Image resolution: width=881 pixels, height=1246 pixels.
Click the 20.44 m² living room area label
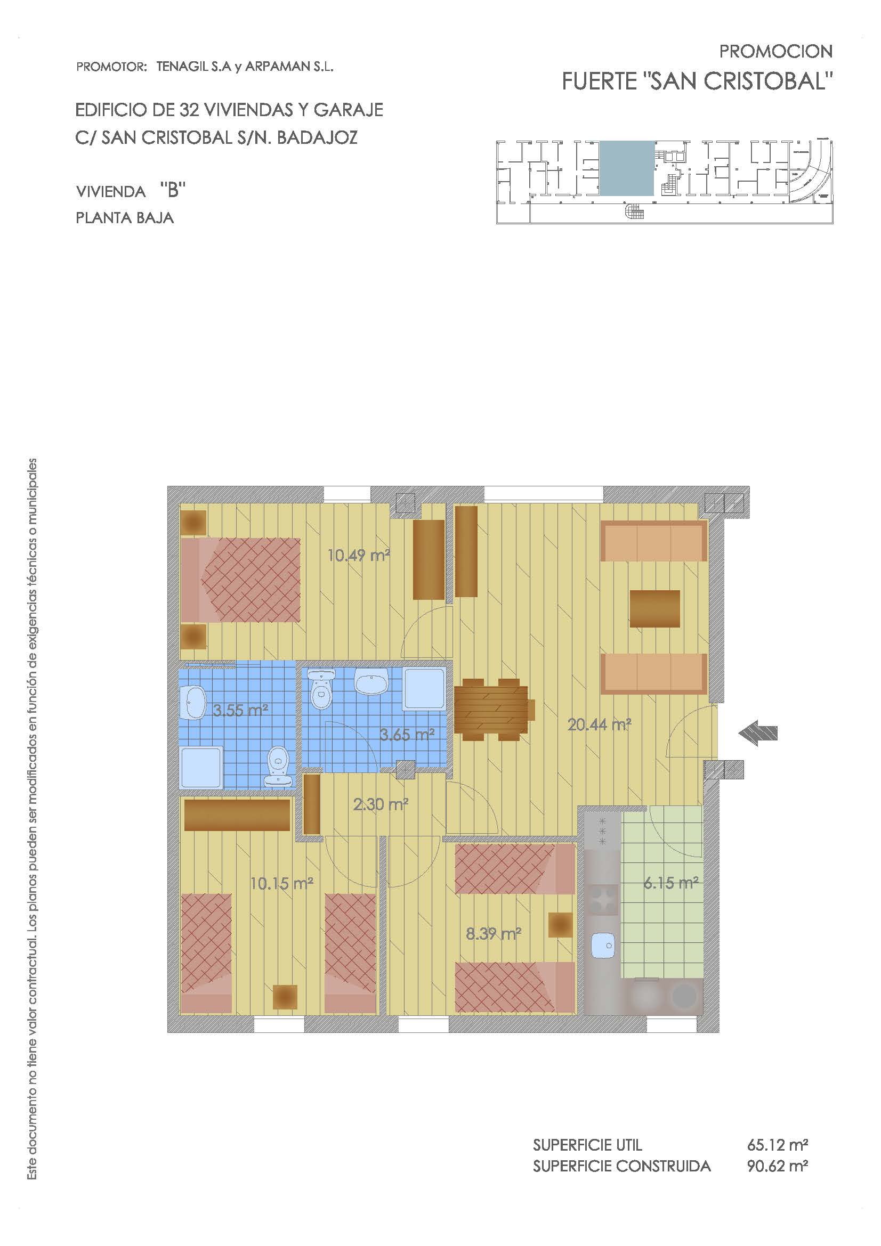click(x=599, y=724)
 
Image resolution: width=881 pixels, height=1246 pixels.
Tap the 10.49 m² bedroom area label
click(x=359, y=555)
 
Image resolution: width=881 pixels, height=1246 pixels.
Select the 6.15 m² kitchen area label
click(x=671, y=883)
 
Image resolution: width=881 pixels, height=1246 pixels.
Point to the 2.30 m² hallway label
click(x=381, y=804)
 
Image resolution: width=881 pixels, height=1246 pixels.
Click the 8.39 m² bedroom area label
click(x=494, y=933)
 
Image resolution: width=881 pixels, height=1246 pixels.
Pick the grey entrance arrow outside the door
click(x=758, y=732)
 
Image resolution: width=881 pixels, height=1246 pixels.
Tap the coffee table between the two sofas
click(x=654, y=608)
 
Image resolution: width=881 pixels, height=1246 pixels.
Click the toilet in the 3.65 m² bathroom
click(x=321, y=689)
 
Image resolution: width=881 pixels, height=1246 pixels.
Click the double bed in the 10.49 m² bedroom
click(x=240, y=580)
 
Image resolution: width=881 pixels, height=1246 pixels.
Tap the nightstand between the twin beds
click(x=285, y=996)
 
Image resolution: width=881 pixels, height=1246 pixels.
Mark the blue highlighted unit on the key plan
click(x=626, y=168)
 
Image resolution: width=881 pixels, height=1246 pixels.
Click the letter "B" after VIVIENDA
click(x=173, y=191)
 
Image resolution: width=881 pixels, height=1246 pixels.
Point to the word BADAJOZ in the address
click(x=317, y=138)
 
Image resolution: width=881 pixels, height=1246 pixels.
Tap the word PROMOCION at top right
click(x=775, y=52)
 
